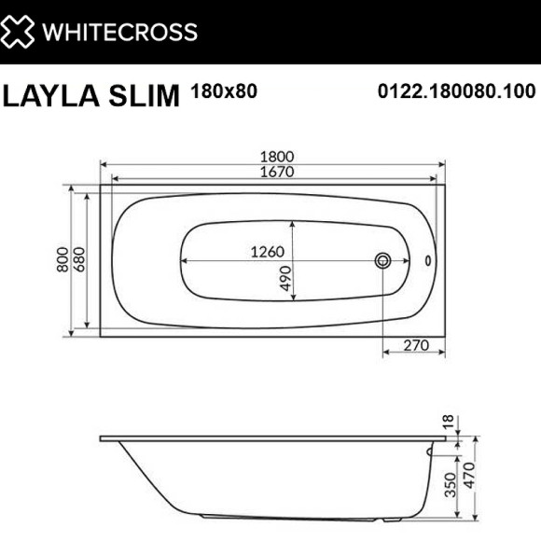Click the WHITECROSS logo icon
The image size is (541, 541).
(x=22, y=31)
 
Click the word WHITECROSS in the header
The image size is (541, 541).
(x=122, y=32)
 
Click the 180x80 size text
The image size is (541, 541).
(x=223, y=91)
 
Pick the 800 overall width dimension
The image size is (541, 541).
(x=62, y=258)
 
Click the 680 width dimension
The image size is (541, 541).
(x=80, y=258)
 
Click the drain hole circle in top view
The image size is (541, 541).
(x=383, y=260)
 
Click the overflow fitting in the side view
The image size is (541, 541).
(x=431, y=452)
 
